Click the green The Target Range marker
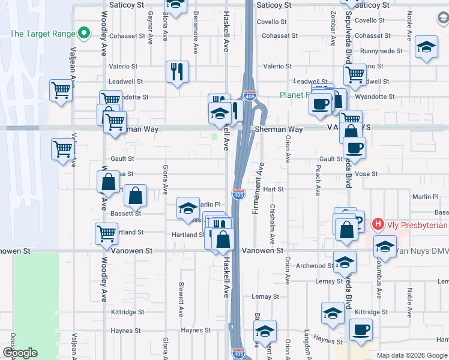[x=85, y=33]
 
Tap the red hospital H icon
[x=378, y=225]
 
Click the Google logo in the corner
[x=20, y=353]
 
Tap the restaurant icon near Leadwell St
[x=177, y=72]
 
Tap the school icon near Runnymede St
[x=426, y=48]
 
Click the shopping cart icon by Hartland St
[x=106, y=233]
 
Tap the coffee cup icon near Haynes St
[x=361, y=329]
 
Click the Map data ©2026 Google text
[x=412, y=355]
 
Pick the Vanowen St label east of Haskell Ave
[x=262, y=250]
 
